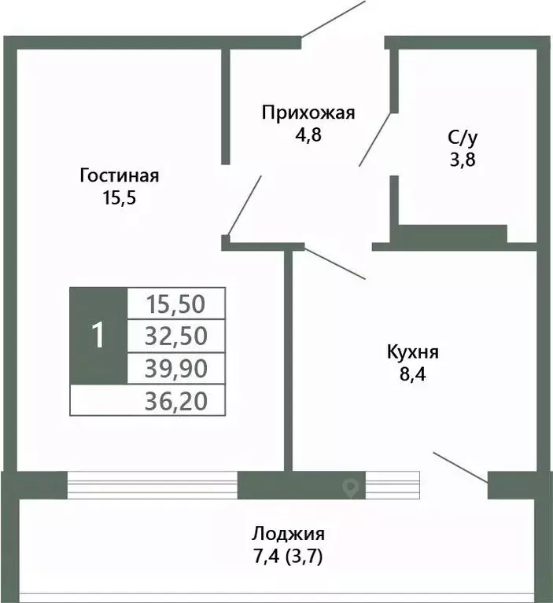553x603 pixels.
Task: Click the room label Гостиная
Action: pyautogui.click(x=120, y=175)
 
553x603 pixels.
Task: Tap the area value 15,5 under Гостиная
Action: pyautogui.click(x=120, y=197)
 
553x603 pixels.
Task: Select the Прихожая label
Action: pyautogui.click(x=308, y=112)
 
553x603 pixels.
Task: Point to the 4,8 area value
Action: pyautogui.click(x=308, y=134)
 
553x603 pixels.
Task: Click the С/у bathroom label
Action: pyautogui.click(x=463, y=138)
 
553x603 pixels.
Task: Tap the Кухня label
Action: pyautogui.click(x=412, y=351)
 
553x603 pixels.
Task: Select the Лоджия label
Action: pyautogui.click(x=288, y=534)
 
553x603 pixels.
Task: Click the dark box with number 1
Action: pyautogui.click(x=98, y=336)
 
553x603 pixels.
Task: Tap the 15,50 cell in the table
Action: pyautogui.click(x=176, y=303)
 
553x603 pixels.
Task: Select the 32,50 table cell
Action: pyautogui.click(x=176, y=336)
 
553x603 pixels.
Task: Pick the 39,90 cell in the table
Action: pyautogui.click(x=176, y=368)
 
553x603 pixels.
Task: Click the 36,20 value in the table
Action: pyautogui.click(x=176, y=402)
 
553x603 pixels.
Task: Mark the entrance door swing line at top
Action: pyautogui.click(x=334, y=19)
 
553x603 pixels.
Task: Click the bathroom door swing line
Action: pyautogui.click(x=375, y=138)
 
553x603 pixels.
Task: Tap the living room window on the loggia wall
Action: pyautogui.click(x=152, y=485)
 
